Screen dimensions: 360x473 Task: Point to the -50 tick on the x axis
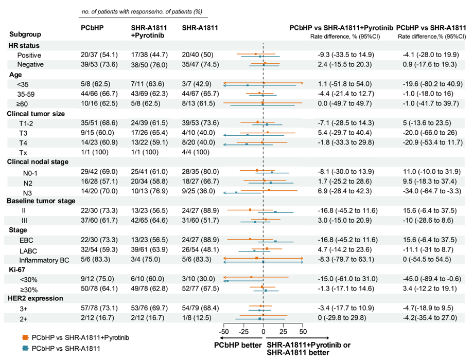(x=224, y=332)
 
